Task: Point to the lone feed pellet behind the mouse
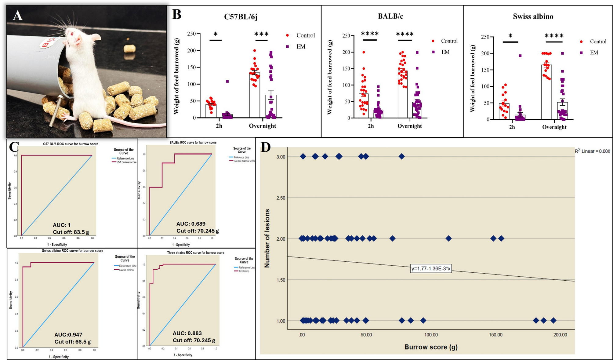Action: [x=129, y=49]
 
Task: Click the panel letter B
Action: [x=177, y=14]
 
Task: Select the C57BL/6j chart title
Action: [x=241, y=16]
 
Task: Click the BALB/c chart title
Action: [x=390, y=16]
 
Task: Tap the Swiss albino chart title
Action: [x=533, y=16]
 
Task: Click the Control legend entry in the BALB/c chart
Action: [x=449, y=41]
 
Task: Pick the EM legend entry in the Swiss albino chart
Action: [x=593, y=53]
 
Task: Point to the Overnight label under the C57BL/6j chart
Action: [x=262, y=126]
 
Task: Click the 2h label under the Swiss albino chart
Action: [x=512, y=127]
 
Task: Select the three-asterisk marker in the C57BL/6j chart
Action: [x=261, y=34]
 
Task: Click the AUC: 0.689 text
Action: [x=191, y=224]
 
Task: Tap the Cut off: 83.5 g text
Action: [x=71, y=232]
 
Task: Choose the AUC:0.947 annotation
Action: [x=68, y=335]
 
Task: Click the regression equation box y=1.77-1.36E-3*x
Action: [x=431, y=269]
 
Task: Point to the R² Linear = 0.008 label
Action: [x=592, y=151]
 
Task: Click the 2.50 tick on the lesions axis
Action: [x=280, y=198]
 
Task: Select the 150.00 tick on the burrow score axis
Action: [x=495, y=335]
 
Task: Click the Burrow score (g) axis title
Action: [x=431, y=347]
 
